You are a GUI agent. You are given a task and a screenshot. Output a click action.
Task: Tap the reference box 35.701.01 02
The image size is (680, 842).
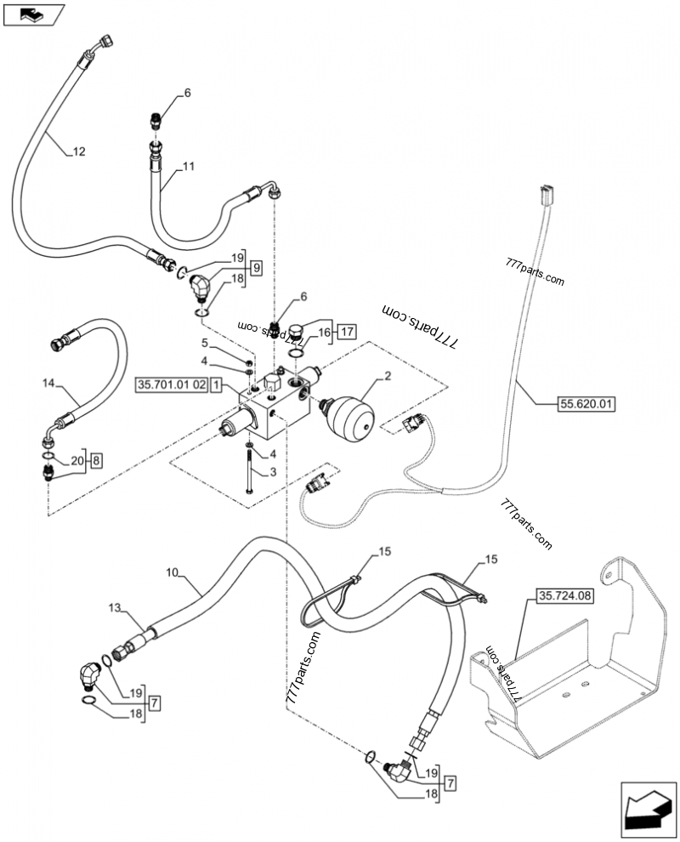click(171, 385)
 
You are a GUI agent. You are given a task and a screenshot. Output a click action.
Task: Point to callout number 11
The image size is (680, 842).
click(188, 168)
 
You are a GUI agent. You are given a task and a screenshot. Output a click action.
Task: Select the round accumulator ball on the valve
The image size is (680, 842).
click(351, 411)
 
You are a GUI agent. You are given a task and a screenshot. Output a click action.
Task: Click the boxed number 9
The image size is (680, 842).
click(256, 266)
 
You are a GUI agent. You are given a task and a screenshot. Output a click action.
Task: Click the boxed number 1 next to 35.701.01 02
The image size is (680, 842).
click(218, 385)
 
